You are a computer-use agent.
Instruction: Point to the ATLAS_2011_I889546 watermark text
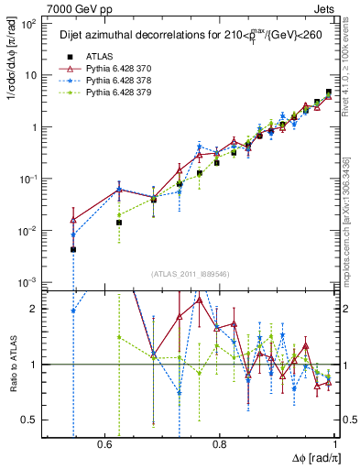tap(190, 274)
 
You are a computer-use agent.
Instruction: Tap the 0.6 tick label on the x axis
tap(103, 444)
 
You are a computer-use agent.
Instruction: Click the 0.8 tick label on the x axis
tap(220, 444)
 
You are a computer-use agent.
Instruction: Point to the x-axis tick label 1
tap(336, 444)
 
